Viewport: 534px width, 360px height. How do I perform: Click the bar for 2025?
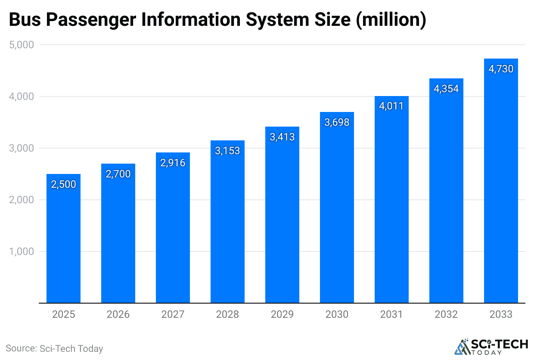tap(63, 241)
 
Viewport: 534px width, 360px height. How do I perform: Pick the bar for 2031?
tap(391, 202)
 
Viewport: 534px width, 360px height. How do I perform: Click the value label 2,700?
tap(118, 174)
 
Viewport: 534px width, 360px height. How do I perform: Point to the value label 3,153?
tap(227, 151)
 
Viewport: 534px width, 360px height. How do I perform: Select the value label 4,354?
tap(446, 89)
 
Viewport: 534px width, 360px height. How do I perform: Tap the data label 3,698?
tap(337, 122)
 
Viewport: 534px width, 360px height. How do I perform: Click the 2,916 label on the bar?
tap(173, 163)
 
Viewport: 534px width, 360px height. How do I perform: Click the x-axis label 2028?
tap(227, 314)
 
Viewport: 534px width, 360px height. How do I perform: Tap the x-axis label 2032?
tap(446, 314)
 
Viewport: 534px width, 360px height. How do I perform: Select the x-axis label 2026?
tap(118, 314)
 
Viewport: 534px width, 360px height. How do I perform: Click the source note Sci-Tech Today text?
tap(55, 348)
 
